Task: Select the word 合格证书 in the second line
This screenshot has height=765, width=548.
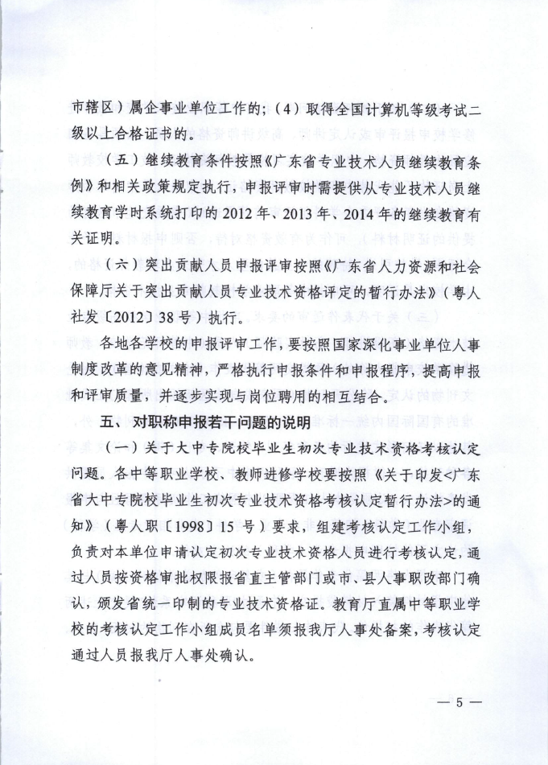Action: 147,132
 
